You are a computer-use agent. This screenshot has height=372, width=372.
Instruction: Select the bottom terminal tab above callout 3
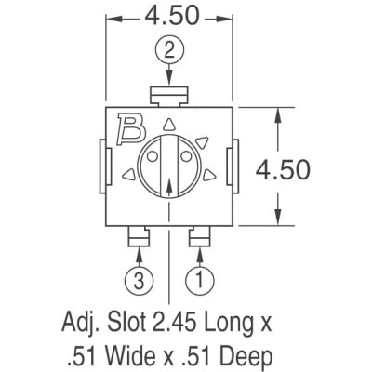pos(137,238)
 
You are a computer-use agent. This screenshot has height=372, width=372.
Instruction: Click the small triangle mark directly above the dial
pos(168,124)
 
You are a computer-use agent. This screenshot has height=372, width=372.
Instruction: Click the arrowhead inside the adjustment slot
pos(168,184)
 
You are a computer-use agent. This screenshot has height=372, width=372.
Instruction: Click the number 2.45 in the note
pos(196,325)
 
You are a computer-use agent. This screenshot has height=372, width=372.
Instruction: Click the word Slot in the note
pos(133,325)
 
